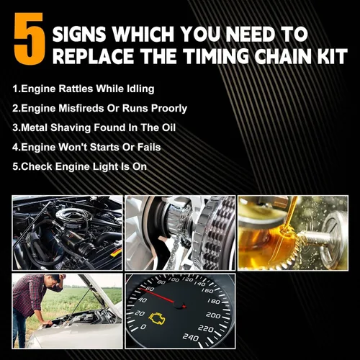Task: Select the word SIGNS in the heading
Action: click(79, 34)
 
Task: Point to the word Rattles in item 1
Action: click(76, 89)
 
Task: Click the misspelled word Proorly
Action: click(169, 109)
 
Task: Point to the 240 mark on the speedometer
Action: click(191, 338)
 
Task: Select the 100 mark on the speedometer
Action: click(174, 279)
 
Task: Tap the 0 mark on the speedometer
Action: click(143, 327)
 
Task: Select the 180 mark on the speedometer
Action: click(214, 301)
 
